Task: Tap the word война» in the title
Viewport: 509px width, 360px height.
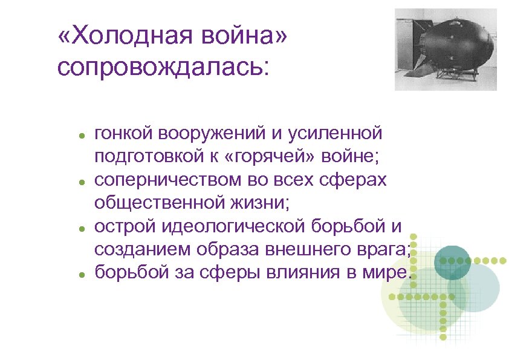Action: coord(242,39)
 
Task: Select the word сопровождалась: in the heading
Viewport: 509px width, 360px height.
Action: coord(161,67)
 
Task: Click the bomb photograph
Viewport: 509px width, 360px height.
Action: coord(446,49)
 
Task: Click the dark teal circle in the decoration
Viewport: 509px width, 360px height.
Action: coord(452,261)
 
